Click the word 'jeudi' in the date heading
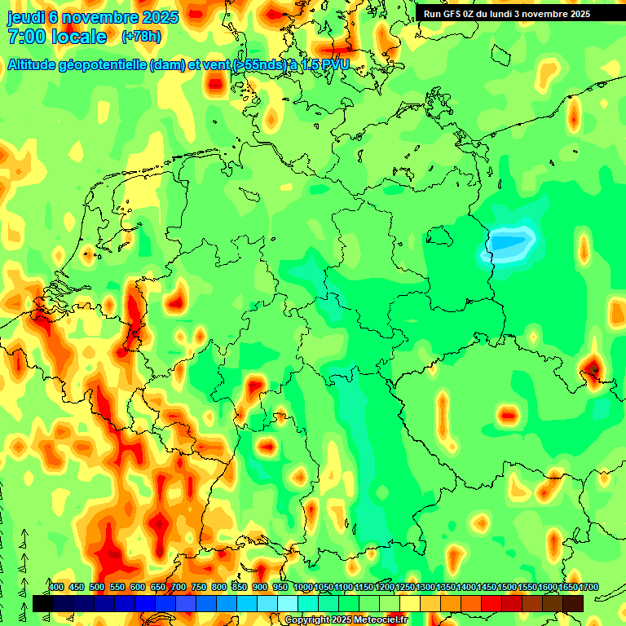click(x=26, y=18)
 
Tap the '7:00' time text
click(x=24, y=37)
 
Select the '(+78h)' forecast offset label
click(x=140, y=37)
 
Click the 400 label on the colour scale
click(x=56, y=587)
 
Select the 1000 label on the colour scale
click(x=302, y=587)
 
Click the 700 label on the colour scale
click(x=179, y=587)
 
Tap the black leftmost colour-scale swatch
click(x=42, y=603)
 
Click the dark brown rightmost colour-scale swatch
click(x=573, y=603)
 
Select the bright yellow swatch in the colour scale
click(x=410, y=603)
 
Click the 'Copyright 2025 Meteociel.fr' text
click(x=346, y=620)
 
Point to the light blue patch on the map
click(x=509, y=243)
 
